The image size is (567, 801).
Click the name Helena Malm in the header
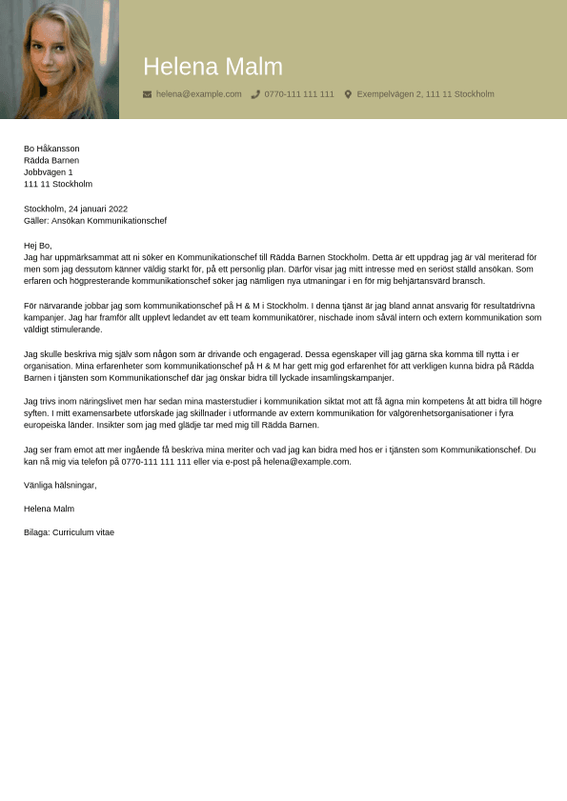(x=213, y=67)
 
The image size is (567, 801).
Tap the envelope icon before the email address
(x=147, y=94)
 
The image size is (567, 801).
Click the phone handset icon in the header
(x=255, y=94)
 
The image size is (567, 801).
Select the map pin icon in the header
(x=348, y=94)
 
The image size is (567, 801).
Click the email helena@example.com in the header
(x=198, y=94)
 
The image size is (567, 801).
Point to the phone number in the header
(x=299, y=94)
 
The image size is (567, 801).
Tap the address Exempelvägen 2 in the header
(x=425, y=94)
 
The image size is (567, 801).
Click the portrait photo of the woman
(x=59, y=59)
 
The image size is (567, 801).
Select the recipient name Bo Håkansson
(x=51, y=149)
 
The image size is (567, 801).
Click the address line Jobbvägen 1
(x=48, y=172)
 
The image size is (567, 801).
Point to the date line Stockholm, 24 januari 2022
(x=75, y=209)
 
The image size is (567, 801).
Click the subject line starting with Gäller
(x=94, y=221)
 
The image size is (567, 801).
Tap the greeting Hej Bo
(x=38, y=246)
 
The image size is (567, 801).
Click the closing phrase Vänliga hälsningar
(x=60, y=485)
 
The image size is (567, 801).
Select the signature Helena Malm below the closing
(x=49, y=509)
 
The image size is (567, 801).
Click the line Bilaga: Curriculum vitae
(x=69, y=532)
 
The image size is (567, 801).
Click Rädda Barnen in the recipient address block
(x=51, y=161)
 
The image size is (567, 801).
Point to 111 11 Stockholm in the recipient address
(x=58, y=184)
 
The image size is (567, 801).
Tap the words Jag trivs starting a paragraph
(x=42, y=402)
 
